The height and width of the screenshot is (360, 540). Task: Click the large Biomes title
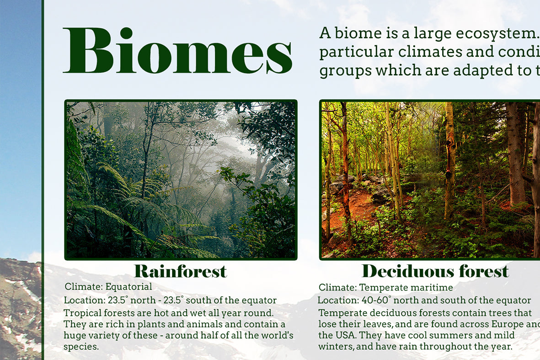178,50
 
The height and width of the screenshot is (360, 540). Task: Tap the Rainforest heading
181,271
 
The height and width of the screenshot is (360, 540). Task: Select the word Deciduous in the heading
406,271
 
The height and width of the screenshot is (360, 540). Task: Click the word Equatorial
129,287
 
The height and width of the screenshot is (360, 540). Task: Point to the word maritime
431,287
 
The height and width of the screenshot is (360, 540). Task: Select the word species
81,347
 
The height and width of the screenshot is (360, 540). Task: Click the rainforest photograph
181,180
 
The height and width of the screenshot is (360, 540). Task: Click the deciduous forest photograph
429,180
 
